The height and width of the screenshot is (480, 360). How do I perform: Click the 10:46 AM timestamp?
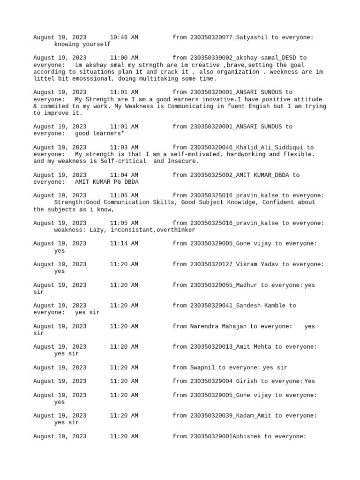click(124, 37)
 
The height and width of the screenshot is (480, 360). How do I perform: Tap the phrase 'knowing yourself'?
click(82, 44)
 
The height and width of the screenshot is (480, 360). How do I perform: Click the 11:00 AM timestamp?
click(124, 58)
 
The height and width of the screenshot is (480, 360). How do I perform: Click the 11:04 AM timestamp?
click(124, 175)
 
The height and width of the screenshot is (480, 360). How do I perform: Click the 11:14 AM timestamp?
click(124, 244)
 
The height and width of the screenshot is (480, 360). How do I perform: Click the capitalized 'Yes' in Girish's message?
click(310, 381)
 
